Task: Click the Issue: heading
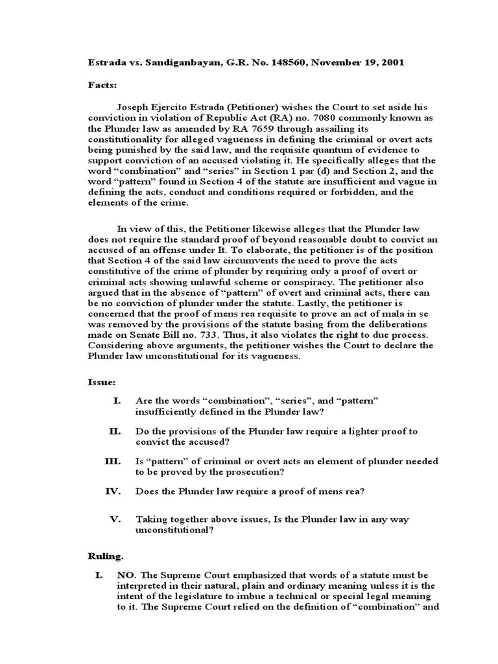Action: tap(102, 383)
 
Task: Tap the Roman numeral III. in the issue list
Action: tap(113, 461)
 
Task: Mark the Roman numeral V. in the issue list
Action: tap(116, 519)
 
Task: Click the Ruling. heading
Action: tap(105, 556)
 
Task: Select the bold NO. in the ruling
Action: tap(126, 575)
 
